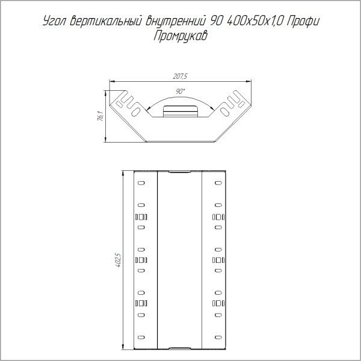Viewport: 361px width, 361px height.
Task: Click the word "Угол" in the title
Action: click(56, 22)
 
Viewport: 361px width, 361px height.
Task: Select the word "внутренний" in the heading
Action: click(178, 22)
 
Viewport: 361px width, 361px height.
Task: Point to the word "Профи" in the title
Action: click(303, 22)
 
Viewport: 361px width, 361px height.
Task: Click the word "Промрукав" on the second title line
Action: click(181, 35)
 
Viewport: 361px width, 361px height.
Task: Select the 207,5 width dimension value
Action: click(180, 76)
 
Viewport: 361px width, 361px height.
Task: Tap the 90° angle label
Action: click(180, 90)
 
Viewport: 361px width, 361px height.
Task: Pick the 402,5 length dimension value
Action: click(118, 260)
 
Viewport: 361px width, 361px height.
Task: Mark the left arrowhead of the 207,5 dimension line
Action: click(110, 81)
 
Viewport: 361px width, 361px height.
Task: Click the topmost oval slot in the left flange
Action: click(141, 183)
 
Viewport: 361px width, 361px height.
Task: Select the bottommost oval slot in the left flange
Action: click(141, 336)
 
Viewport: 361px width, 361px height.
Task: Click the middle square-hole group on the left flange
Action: click(141, 260)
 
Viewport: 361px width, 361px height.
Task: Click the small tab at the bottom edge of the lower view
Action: click(179, 348)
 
